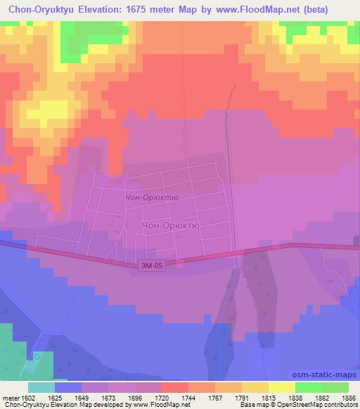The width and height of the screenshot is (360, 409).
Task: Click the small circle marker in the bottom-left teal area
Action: click(37, 356)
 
